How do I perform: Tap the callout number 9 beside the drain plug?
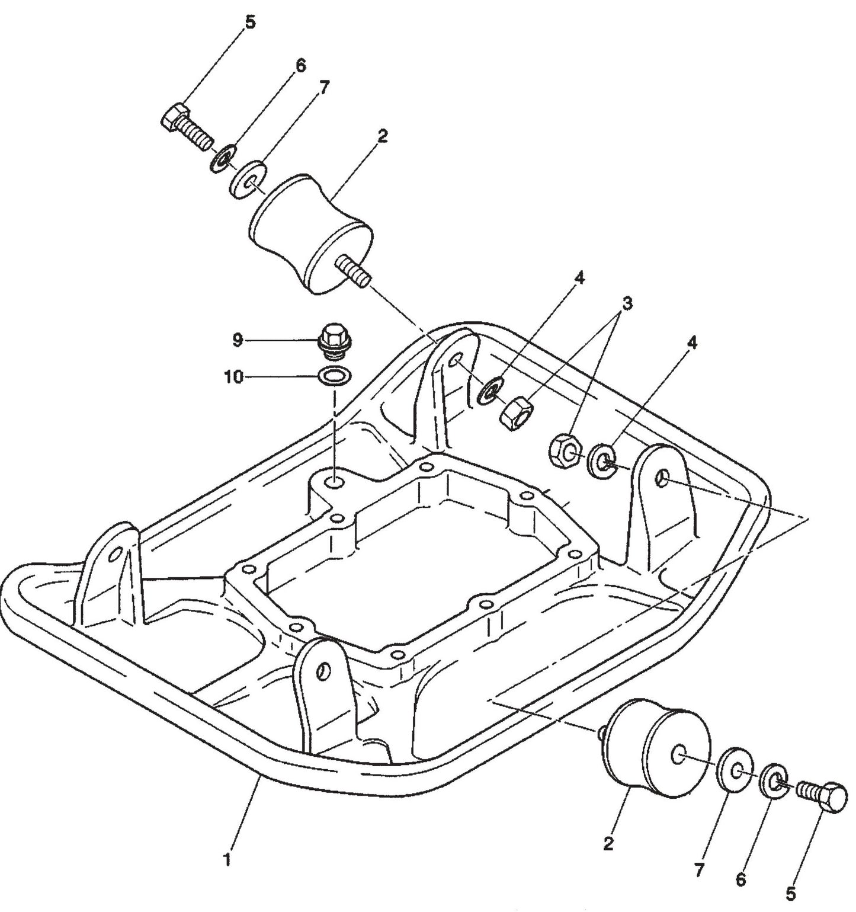coord(238,340)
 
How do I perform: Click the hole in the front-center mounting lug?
coord(323,671)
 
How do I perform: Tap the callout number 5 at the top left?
coord(250,23)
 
